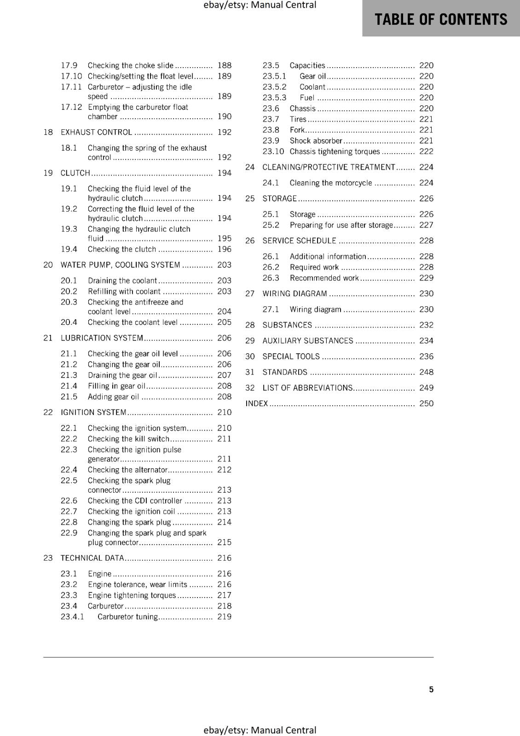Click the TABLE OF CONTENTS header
coord(440,19)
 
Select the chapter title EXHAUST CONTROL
coord(96,132)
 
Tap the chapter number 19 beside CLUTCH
coord(48,173)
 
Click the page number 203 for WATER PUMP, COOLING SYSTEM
coord(224,265)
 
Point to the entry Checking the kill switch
coord(128,439)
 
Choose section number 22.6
coord(69,500)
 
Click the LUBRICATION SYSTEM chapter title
coord(102,338)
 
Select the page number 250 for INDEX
coord(426,403)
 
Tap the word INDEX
coord(256,403)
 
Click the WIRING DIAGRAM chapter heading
coord(295,293)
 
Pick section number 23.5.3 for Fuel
coord(274,98)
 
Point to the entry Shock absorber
coord(316,141)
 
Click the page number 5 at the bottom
coord(431,690)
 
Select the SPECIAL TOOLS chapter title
coord(291,356)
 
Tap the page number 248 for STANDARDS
coord(426,372)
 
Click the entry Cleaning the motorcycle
coord(330,183)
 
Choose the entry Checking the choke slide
coord(131,65)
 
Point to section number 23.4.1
coord(72,617)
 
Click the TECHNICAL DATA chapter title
coord(92,558)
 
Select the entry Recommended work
coord(324,278)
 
